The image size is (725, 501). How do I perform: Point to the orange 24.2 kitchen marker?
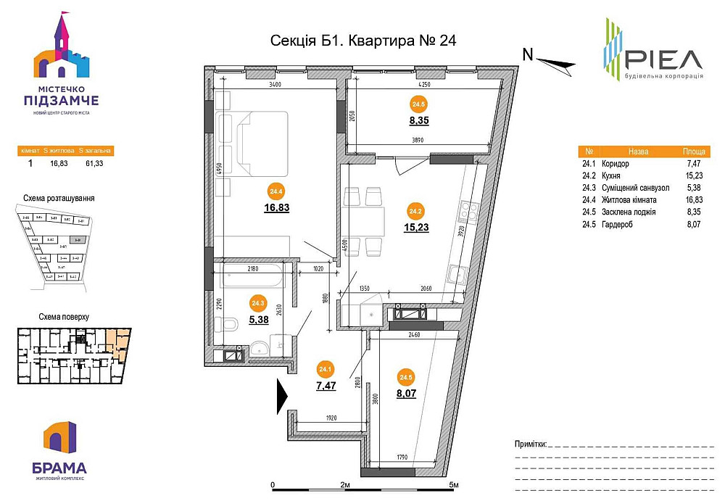pos(415,212)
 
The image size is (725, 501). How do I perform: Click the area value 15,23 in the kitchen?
pos(415,227)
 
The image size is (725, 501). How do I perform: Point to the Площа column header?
pos(695,152)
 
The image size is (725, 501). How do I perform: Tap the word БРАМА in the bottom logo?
pos(59,468)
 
